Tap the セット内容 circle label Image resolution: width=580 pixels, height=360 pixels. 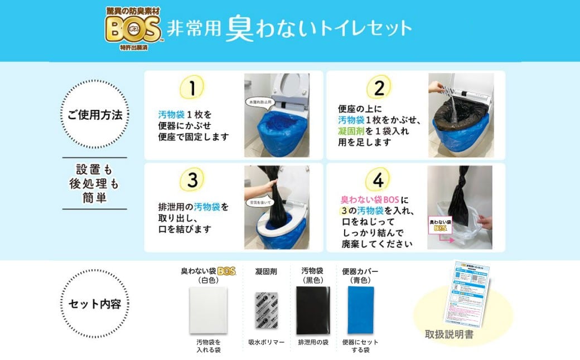point(94,304)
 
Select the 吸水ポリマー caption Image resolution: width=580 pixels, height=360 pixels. point(265,342)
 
